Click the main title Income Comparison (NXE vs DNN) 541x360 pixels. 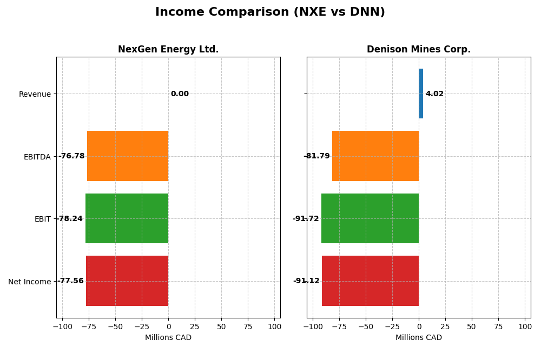[x=270, y=12]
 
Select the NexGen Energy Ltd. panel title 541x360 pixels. [x=168, y=50]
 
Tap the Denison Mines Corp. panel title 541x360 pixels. [x=418, y=50]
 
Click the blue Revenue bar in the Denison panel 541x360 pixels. [x=421, y=94]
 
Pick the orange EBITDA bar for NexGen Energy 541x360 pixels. [x=128, y=156]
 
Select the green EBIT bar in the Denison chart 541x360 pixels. [x=370, y=218]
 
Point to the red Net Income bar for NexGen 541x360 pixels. [x=127, y=281]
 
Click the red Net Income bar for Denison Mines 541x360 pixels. [x=370, y=281]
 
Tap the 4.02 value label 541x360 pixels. [x=434, y=94]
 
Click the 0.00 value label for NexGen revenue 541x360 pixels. [x=180, y=94]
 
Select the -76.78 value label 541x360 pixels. [x=71, y=156]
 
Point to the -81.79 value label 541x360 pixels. [x=316, y=156]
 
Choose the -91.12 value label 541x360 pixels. [x=306, y=281]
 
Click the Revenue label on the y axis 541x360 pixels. [x=35, y=95]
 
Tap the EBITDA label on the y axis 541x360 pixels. [x=37, y=157]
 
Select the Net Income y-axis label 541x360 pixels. [x=29, y=282]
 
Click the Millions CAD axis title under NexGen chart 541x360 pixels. [x=168, y=338]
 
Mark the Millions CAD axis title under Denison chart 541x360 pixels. [x=418, y=338]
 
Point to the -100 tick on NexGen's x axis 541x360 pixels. [x=62, y=326]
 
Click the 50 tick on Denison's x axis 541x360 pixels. [x=472, y=326]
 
